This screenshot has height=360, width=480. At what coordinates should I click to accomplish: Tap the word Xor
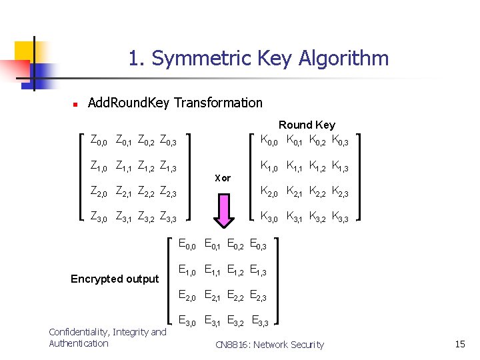pyautogui.click(x=223, y=178)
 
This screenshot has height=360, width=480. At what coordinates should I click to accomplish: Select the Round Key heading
pyautogui.click(x=307, y=125)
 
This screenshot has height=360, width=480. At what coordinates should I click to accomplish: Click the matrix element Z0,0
pyautogui.click(x=99, y=141)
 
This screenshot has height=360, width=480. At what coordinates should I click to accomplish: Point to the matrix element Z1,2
pyautogui.click(x=145, y=166)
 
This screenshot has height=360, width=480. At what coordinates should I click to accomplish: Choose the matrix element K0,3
pyautogui.click(x=340, y=141)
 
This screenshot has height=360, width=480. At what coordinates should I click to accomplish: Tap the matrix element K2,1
pyautogui.click(x=294, y=191)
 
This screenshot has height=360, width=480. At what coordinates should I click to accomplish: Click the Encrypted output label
pyautogui.click(x=115, y=279)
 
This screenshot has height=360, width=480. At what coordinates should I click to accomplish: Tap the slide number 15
pyautogui.click(x=459, y=344)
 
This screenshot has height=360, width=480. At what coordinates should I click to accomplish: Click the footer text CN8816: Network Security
pyautogui.click(x=269, y=345)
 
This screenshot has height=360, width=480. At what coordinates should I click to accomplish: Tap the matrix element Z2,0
pyautogui.click(x=99, y=191)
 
